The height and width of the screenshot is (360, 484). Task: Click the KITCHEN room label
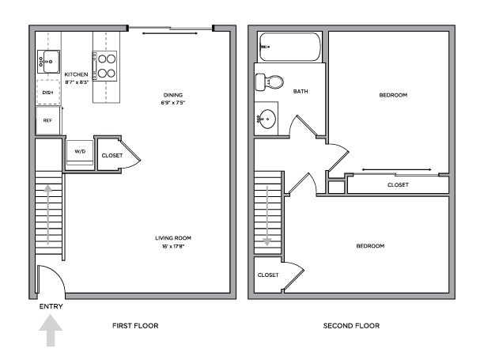[x=76, y=74]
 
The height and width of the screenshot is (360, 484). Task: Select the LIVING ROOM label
[x=172, y=237]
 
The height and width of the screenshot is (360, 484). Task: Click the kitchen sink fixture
[x=47, y=60]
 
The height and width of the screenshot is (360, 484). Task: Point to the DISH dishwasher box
[x=47, y=93]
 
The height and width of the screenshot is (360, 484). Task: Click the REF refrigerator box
[x=47, y=120]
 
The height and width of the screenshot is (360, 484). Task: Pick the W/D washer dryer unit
[x=80, y=151]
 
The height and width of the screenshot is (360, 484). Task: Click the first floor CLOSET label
[x=112, y=155]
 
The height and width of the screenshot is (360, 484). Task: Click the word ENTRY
[x=51, y=306]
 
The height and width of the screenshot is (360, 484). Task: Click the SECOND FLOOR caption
[x=351, y=325]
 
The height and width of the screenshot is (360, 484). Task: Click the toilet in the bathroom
[x=270, y=81]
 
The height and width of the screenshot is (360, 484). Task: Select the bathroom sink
[x=267, y=119]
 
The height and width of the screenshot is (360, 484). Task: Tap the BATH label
[x=301, y=92]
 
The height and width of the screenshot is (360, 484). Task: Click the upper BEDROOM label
[x=392, y=95]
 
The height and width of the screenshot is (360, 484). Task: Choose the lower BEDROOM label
[x=369, y=246]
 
